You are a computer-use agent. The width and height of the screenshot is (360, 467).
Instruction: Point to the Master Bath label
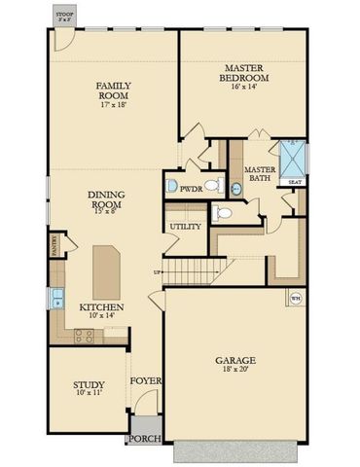(260, 171)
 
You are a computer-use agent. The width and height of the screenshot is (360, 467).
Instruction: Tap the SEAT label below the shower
(294, 182)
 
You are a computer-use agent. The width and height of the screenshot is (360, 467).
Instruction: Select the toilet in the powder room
(172, 185)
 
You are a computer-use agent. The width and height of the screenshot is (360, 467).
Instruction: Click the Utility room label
(185, 227)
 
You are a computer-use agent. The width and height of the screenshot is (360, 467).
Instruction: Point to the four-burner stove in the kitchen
(84, 334)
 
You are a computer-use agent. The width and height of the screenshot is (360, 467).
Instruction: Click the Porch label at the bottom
(145, 439)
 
